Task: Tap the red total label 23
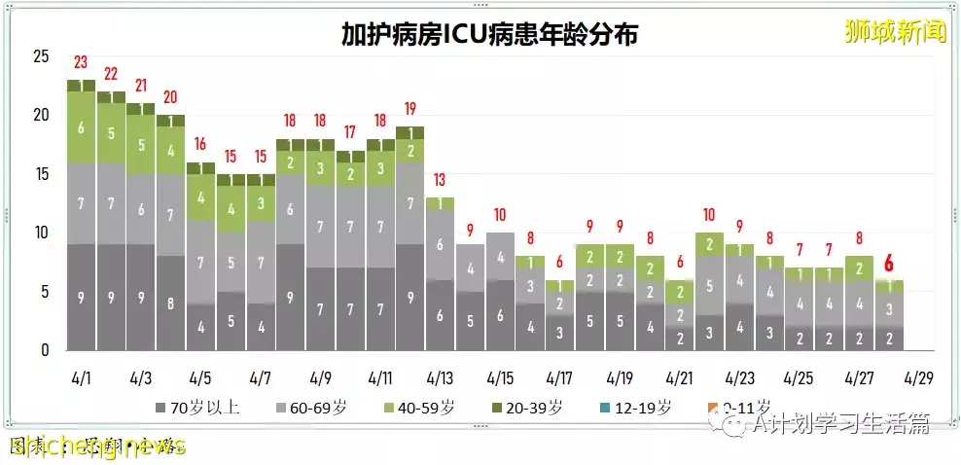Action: pos(81,63)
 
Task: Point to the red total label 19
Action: pos(409,109)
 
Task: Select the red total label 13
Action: pos(440,180)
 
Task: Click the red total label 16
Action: pos(200,145)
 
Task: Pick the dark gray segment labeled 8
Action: pos(170,303)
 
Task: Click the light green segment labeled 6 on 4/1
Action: pos(81,127)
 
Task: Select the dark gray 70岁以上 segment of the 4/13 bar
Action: pos(440,315)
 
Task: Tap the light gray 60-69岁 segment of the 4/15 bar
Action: pos(500,257)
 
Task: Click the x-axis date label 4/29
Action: pos(919,376)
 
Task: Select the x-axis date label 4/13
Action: pos(440,376)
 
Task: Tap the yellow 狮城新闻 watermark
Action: pos(895,32)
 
